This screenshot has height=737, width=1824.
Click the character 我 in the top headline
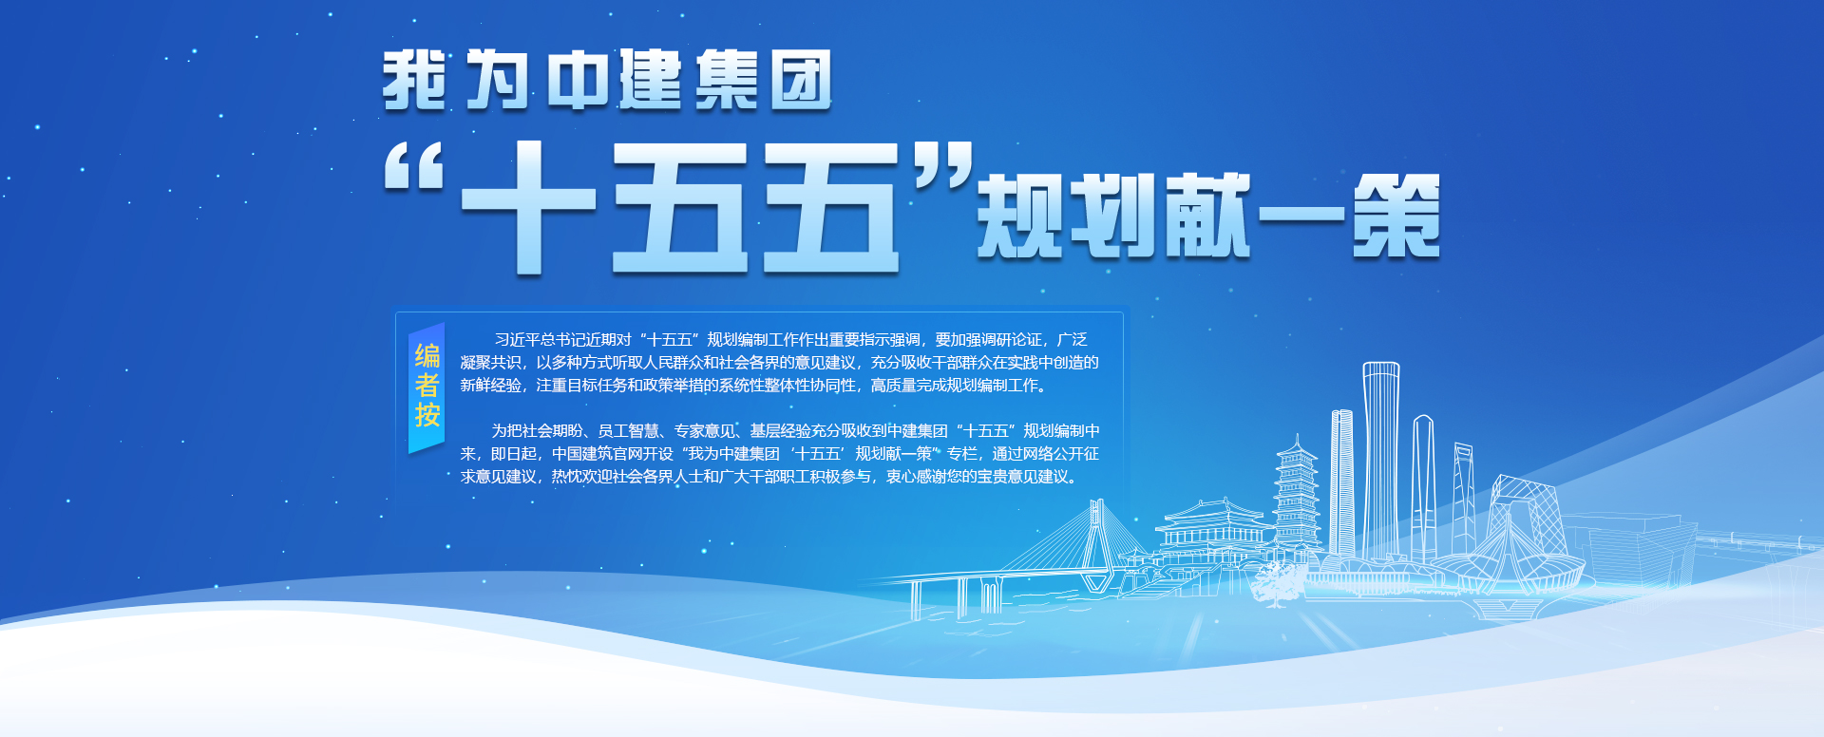tap(414, 81)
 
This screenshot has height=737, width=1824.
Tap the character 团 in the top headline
tap(801, 81)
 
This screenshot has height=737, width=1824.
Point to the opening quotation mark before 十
tap(415, 167)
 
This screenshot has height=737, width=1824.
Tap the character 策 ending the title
tap(1396, 216)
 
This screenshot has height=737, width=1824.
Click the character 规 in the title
tap(1020, 216)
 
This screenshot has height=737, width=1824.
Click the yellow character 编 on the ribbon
tap(427, 356)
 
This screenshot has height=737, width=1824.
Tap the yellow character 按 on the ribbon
tap(427, 415)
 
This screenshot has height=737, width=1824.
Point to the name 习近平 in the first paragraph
tap(517, 340)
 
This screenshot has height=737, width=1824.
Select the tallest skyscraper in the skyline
tap(1380, 461)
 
